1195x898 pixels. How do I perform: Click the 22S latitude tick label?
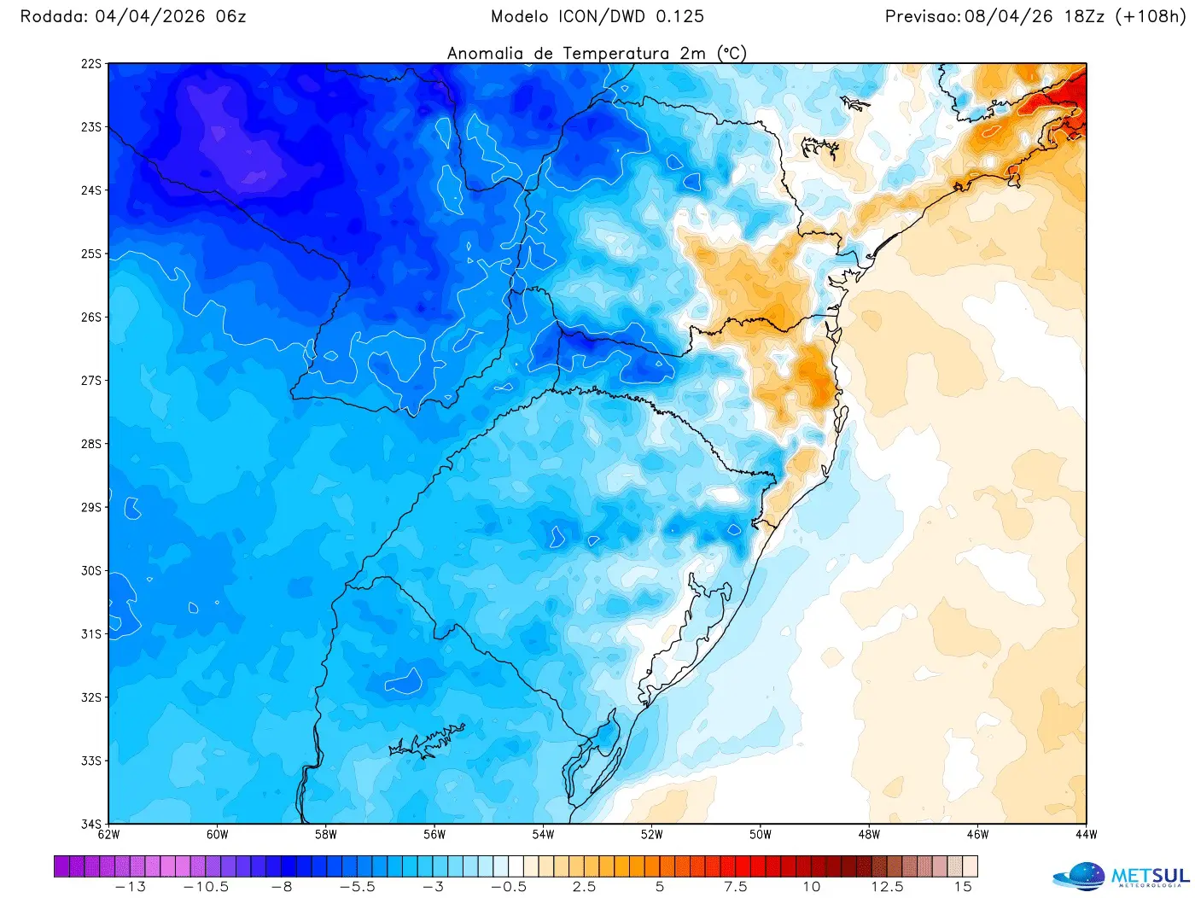pos(91,64)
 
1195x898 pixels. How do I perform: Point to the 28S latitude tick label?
pos(91,444)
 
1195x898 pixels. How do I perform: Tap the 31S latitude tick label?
pos(91,634)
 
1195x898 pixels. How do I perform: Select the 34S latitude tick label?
pos(91,824)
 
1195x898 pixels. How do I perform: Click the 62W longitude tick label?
pos(108,835)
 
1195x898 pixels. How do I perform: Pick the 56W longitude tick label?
pos(434,835)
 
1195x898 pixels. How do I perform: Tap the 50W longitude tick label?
pos(761,835)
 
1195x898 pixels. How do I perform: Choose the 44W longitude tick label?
pos(1086,835)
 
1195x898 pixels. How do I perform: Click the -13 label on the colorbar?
pos(130,887)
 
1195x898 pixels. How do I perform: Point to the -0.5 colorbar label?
pos(509,887)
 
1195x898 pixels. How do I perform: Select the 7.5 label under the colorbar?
pos(736,887)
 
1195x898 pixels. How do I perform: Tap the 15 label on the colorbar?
pos(963,887)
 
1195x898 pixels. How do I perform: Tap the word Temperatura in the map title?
pos(615,53)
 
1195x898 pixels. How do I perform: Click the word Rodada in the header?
pos(53,16)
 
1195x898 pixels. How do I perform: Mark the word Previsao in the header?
pos(922,16)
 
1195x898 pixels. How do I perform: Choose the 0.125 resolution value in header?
pos(679,16)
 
